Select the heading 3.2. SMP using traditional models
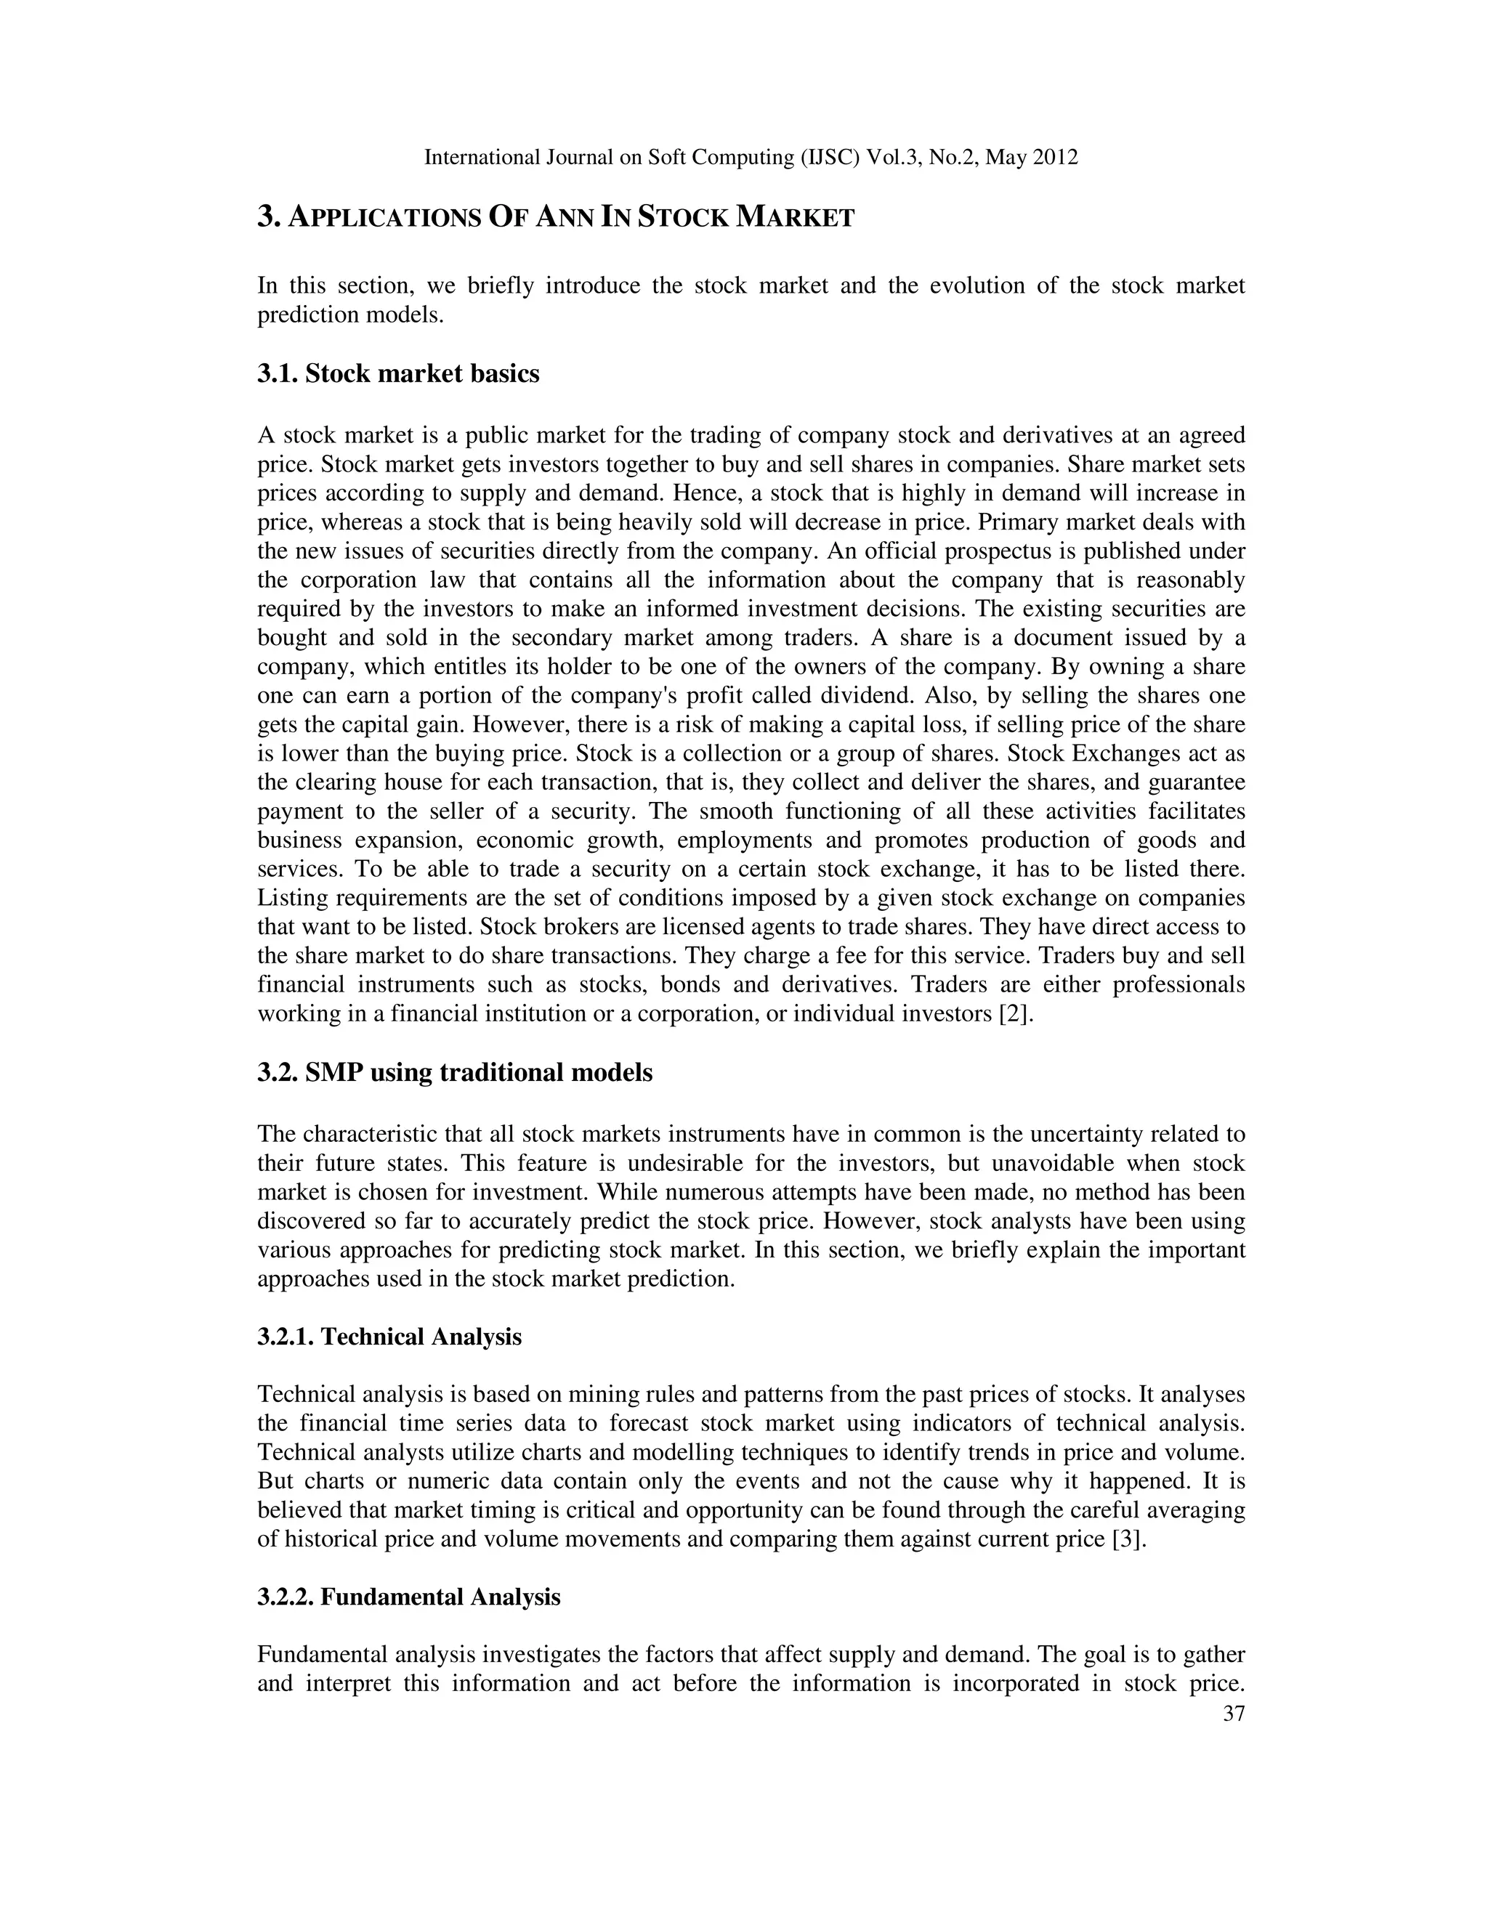(454, 1073)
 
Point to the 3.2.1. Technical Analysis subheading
(389, 1337)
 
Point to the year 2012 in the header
(1054, 158)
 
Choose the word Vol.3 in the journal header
(893, 158)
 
